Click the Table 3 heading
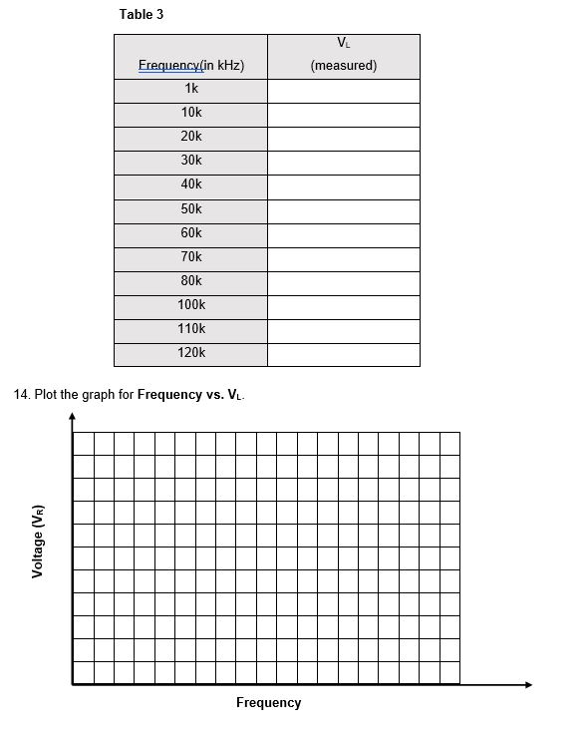click(142, 14)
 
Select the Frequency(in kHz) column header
click(191, 66)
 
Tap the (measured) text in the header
click(344, 66)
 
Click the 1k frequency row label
click(191, 89)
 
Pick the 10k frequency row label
click(191, 113)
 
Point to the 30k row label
click(191, 161)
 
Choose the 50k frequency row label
click(191, 209)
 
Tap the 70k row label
click(191, 257)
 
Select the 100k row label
click(191, 305)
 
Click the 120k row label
click(191, 353)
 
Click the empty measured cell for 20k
click(344, 138)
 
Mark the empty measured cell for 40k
click(344, 185)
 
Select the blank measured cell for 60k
click(344, 234)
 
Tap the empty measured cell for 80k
click(344, 282)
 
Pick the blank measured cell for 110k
click(344, 330)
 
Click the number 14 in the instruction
click(21, 395)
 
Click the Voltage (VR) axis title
click(38, 543)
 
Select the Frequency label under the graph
click(268, 703)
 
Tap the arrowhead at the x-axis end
click(528, 684)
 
